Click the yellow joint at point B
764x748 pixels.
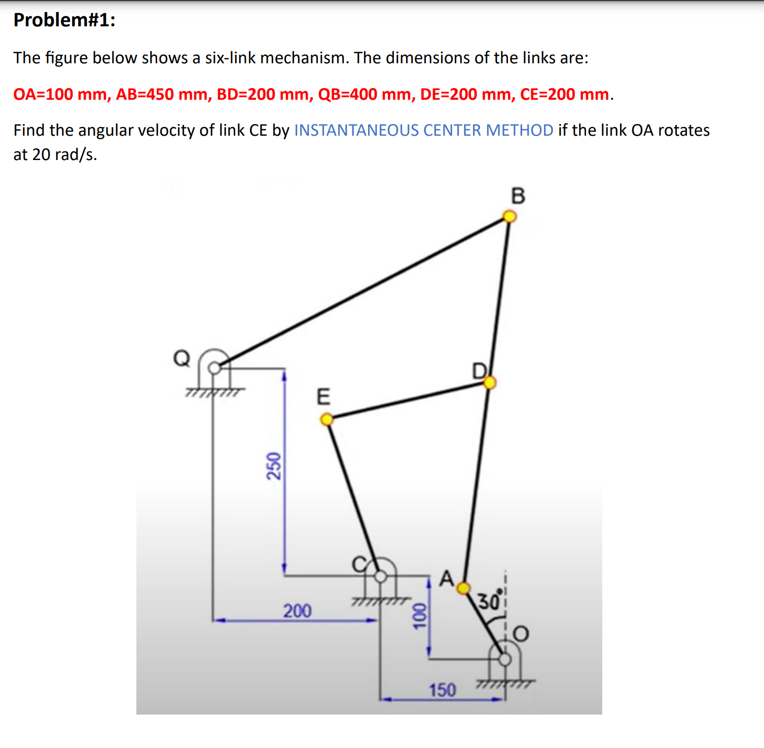509,217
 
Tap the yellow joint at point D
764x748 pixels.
489,382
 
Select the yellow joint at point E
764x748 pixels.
327,419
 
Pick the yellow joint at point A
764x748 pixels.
463,588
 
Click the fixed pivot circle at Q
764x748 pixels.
215,368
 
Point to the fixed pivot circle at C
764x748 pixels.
380,576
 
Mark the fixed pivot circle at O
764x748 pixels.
505,659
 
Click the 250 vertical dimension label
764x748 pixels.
273,466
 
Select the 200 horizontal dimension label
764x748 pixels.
297,611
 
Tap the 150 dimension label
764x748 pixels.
442,690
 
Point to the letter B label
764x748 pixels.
518,195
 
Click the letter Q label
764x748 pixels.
181,358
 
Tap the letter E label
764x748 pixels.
323,397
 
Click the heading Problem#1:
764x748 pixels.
64,20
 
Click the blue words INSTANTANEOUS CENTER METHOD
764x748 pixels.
423,130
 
